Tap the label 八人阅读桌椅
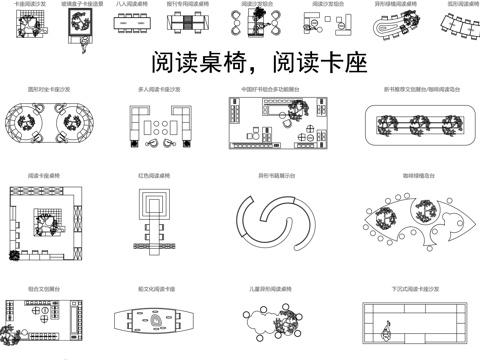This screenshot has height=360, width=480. (133, 4)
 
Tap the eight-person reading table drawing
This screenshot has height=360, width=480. (133, 24)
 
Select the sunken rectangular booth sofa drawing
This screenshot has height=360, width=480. (415, 326)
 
